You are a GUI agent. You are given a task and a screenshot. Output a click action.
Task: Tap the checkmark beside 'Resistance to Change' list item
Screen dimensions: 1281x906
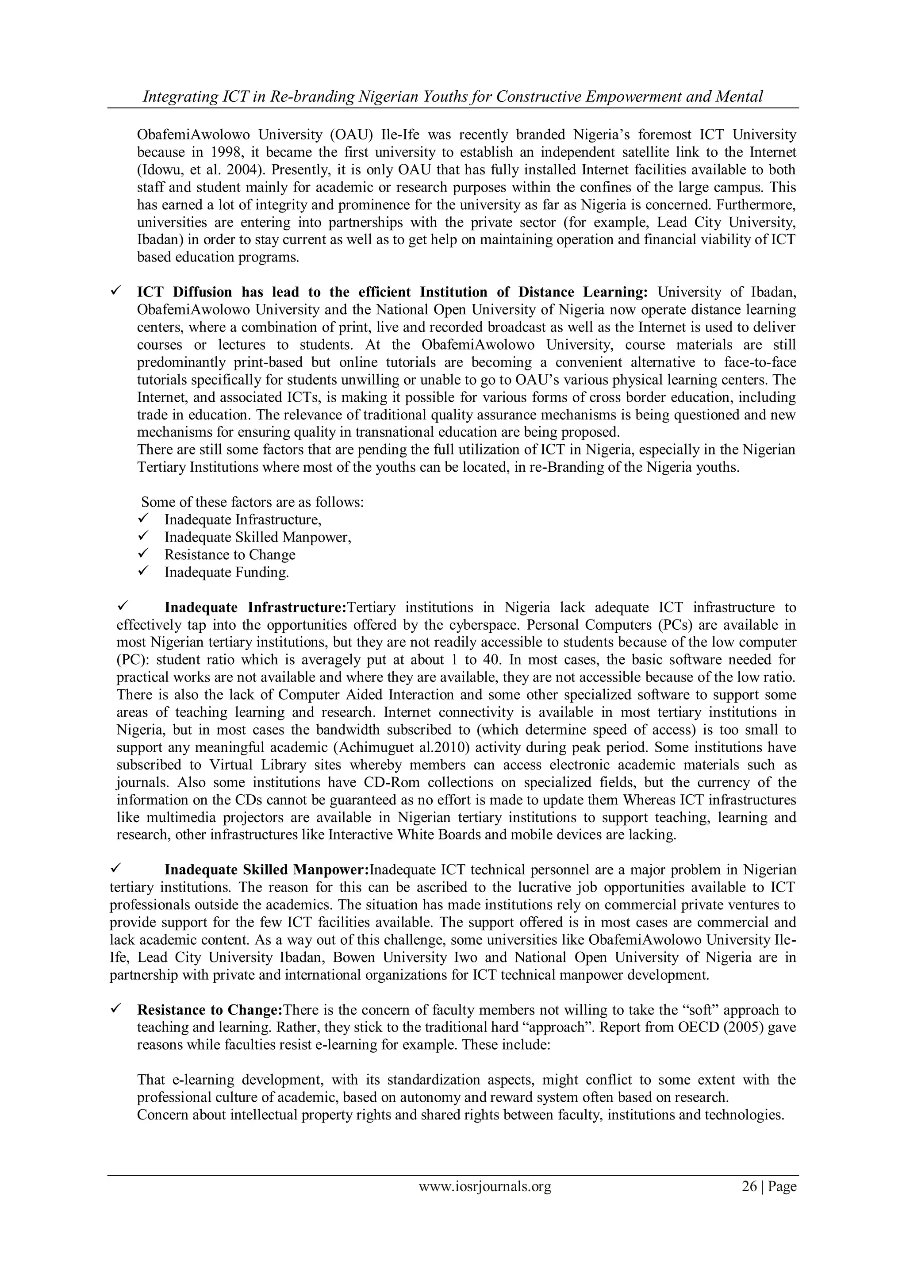[x=143, y=554]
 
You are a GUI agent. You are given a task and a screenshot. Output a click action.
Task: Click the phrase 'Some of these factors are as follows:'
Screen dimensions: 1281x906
[x=252, y=502]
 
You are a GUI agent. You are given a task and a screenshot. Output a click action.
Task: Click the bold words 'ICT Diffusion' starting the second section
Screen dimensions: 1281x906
[x=184, y=292]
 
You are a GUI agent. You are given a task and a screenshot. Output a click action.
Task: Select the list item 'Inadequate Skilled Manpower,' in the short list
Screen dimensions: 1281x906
[x=257, y=537]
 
